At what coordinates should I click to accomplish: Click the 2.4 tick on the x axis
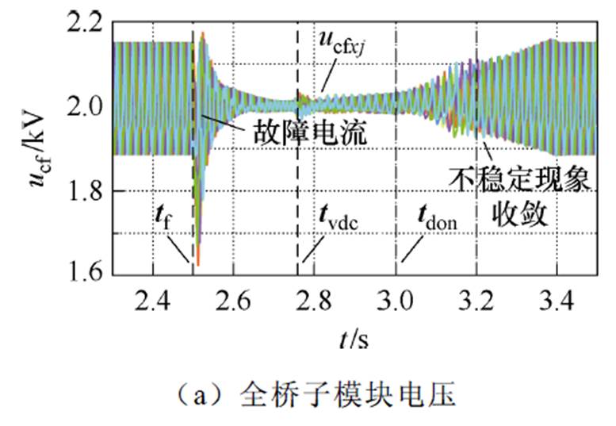153,301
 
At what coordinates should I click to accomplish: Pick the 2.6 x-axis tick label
234,301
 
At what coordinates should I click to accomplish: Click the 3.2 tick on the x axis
476,301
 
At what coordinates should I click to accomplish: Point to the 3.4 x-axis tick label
557,301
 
